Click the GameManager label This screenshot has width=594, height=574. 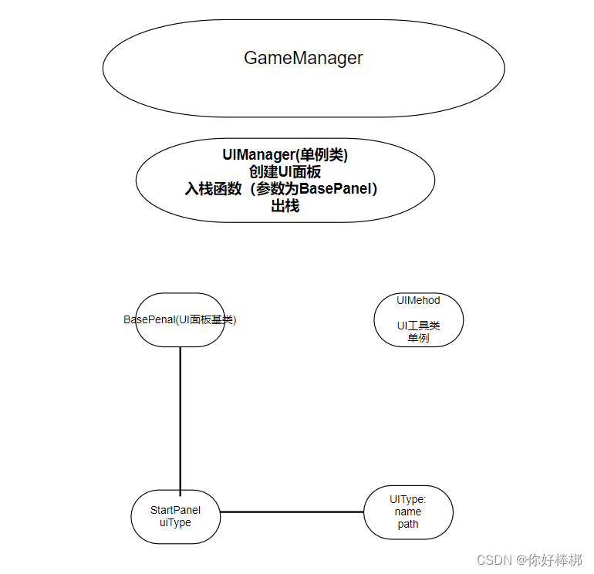(x=303, y=58)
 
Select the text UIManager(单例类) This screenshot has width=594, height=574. (x=285, y=155)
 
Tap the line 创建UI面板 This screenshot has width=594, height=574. (x=285, y=172)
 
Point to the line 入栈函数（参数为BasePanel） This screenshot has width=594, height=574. (x=285, y=189)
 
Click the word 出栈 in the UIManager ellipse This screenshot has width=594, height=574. (x=285, y=206)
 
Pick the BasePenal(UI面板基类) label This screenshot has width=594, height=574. (x=180, y=319)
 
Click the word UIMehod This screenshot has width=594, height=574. (x=418, y=300)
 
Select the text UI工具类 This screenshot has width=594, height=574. (x=418, y=326)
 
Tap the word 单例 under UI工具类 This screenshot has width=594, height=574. (x=418, y=338)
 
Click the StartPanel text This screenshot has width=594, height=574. (x=176, y=510)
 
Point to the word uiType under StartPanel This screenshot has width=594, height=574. (x=175, y=522)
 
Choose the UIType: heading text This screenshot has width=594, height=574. (x=408, y=499)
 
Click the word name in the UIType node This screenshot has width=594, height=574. (x=408, y=512)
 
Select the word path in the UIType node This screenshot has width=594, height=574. (x=408, y=524)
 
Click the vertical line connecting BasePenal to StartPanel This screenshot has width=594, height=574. (x=180, y=417)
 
